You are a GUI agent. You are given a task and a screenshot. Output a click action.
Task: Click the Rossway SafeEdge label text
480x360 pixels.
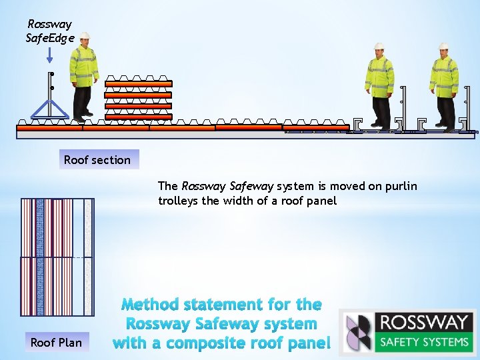point(49,31)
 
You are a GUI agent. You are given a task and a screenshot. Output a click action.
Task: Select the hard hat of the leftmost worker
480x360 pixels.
point(85,36)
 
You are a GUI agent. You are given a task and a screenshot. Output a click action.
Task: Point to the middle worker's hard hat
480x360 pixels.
point(379,46)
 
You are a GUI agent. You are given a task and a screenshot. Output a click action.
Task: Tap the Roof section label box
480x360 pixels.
point(97,160)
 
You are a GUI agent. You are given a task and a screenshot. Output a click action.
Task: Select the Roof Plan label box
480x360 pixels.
point(56,343)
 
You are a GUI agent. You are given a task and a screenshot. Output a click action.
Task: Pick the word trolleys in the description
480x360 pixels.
point(179,201)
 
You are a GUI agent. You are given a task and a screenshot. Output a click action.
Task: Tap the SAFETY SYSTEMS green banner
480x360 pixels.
point(423,342)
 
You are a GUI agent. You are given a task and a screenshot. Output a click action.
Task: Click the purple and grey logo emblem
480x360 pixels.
point(358,333)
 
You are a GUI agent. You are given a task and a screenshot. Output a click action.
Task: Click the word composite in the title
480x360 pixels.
point(206,343)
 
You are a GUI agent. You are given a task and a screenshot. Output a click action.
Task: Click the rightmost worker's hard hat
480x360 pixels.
point(443,47)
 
